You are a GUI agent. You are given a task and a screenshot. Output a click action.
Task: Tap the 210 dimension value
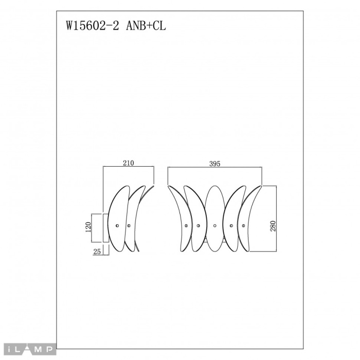coord(129,163)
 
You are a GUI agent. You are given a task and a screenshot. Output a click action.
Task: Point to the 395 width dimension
coord(215,163)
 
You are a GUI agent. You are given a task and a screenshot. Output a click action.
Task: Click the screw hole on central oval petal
coord(214,226)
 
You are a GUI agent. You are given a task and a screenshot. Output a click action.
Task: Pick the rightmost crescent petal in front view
coord(250,216)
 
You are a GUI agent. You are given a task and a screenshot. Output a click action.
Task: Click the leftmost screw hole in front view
coord(186,226)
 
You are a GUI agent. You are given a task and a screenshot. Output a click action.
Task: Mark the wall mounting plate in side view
coord(105,227)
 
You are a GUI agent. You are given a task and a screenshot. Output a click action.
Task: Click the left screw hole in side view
coord(117,226)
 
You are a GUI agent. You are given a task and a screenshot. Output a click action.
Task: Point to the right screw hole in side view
coord(129,226)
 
